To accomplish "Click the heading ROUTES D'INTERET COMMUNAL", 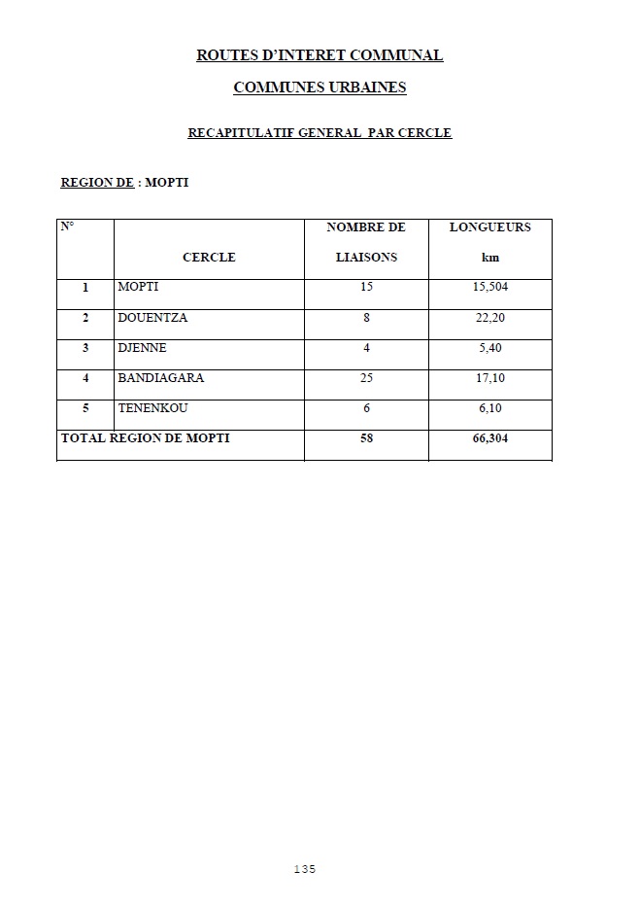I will pyautogui.click(x=320, y=55).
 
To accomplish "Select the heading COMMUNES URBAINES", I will pyautogui.click(x=320, y=87).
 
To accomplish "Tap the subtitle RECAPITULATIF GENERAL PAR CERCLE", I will pyautogui.click(x=320, y=133).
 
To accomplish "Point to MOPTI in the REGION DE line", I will pyautogui.click(x=166, y=182).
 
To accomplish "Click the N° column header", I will pyautogui.click(x=68, y=227).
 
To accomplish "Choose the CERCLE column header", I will pyautogui.click(x=209, y=258).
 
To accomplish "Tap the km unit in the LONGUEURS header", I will pyautogui.click(x=490, y=258).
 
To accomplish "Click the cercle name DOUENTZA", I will pyautogui.click(x=152, y=318).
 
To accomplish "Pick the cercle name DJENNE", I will pyautogui.click(x=142, y=348).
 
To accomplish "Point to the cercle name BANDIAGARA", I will pyautogui.click(x=161, y=378).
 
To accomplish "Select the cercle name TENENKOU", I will pyautogui.click(x=152, y=408).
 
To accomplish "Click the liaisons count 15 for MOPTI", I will pyautogui.click(x=366, y=288).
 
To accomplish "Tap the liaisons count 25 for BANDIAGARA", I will pyautogui.click(x=366, y=378).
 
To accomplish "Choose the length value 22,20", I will pyautogui.click(x=490, y=318).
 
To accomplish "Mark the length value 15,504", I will pyautogui.click(x=491, y=288).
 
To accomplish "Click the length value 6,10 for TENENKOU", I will pyautogui.click(x=490, y=408).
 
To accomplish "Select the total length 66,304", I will pyautogui.click(x=490, y=438).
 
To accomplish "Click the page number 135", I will pyautogui.click(x=305, y=869).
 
